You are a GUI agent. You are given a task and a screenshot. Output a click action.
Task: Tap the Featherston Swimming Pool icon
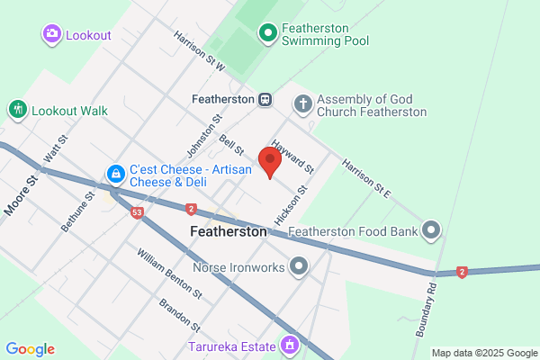(267, 34)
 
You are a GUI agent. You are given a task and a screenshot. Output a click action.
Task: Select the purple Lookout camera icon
(51, 34)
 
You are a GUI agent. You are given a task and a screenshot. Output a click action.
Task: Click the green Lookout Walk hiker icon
(17, 110)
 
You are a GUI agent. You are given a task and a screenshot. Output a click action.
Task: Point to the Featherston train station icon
(265, 99)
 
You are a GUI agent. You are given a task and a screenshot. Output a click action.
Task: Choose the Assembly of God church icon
(301, 104)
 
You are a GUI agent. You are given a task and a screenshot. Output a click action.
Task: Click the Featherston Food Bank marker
(432, 231)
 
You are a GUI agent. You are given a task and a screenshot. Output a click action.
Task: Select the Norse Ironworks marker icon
(298, 267)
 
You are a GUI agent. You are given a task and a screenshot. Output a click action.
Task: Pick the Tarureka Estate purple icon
(290, 345)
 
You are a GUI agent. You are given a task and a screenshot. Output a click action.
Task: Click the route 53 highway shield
(137, 213)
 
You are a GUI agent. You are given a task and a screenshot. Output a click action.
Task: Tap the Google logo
(30, 349)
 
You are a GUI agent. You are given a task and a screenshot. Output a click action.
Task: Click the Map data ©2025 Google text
(483, 353)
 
